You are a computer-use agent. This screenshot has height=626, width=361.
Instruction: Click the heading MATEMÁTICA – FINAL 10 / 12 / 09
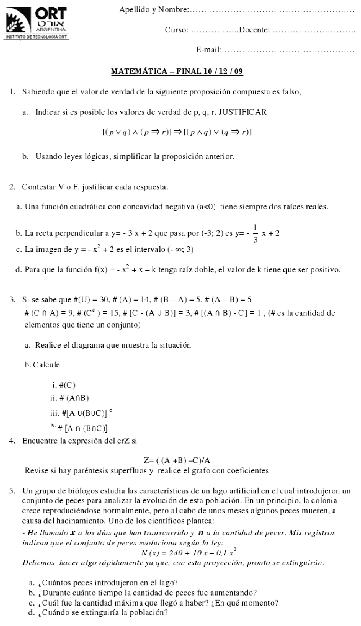(x=177, y=72)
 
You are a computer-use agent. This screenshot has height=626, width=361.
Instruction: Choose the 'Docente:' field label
(x=255, y=30)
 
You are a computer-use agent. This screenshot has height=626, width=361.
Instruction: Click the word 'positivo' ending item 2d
(x=326, y=270)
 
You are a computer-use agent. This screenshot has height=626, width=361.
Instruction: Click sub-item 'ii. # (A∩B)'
(x=69, y=398)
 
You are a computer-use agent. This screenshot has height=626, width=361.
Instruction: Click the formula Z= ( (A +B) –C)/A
(x=177, y=460)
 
